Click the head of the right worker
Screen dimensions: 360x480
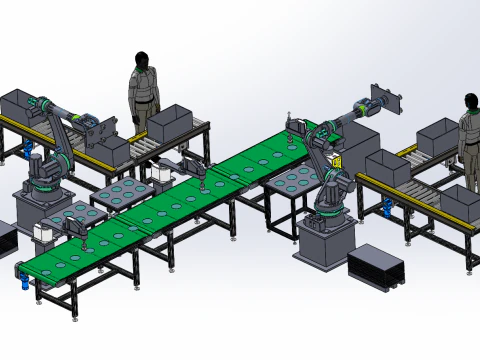coord(471,102)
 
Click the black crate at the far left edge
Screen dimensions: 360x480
coord(6,240)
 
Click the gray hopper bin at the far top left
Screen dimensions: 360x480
coord(19,103)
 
